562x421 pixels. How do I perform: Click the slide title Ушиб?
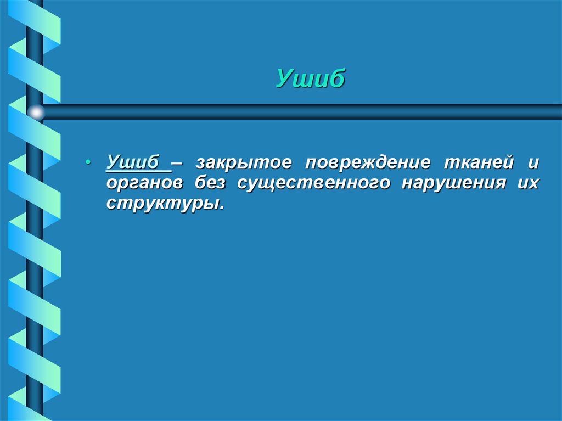pyautogui.click(x=310, y=79)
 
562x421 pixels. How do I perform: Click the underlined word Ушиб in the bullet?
pyautogui.click(x=133, y=163)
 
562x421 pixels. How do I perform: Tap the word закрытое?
pyautogui.click(x=242, y=164)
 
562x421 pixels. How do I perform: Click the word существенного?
pyautogui.click(x=314, y=183)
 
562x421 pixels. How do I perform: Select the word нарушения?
pyautogui.click(x=453, y=183)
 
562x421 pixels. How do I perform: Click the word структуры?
pyautogui.click(x=164, y=203)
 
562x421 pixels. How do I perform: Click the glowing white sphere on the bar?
pyautogui.click(x=36, y=113)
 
